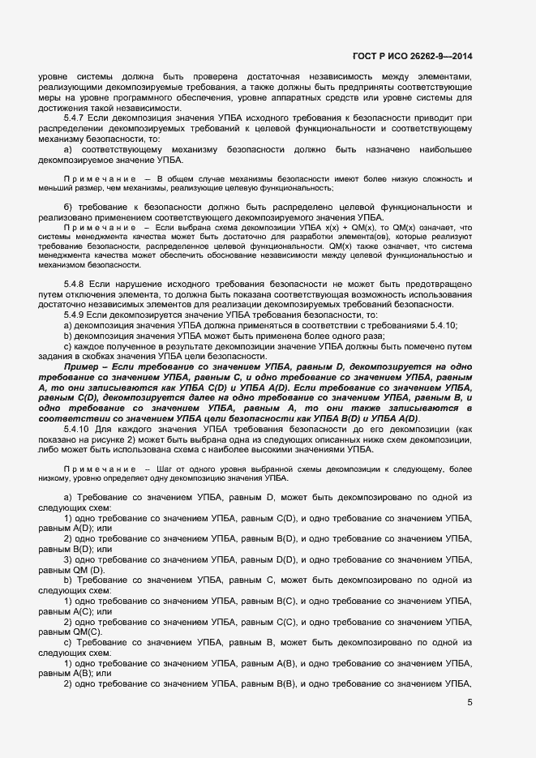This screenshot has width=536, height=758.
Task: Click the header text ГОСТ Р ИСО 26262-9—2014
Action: (413, 56)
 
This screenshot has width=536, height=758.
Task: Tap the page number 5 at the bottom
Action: (469, 703)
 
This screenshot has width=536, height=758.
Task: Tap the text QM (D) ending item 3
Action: (84, 570)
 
